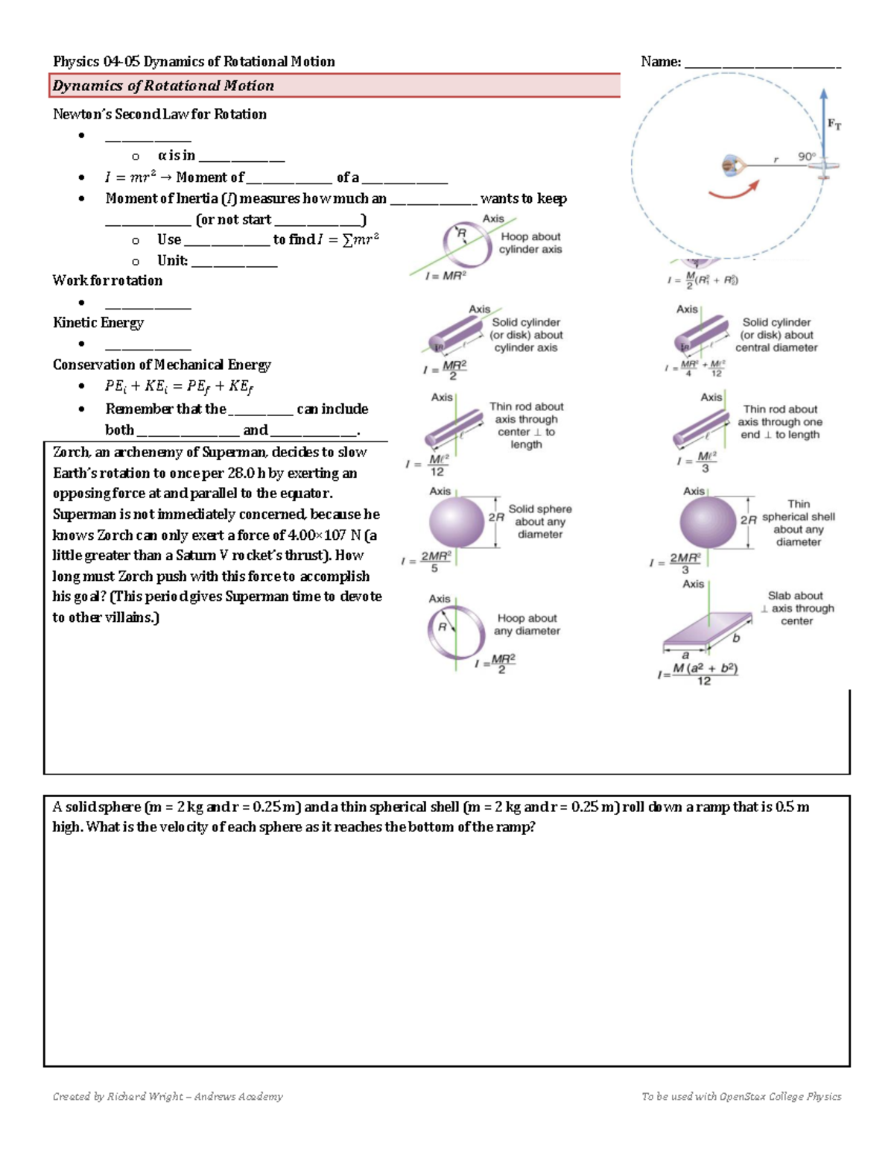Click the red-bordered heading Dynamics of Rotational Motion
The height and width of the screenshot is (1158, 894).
[x=163, y=86]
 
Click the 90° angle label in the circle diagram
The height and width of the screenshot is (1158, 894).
[x=806, y=157]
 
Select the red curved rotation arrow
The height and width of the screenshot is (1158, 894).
[x=734, y=192]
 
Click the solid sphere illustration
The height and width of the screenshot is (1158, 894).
[x=456, y=522]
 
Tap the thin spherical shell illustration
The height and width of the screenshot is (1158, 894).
[x=707, y=522]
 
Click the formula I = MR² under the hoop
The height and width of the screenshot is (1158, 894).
[x=446, y=276]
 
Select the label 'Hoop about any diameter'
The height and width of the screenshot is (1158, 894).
[x=527, y=624]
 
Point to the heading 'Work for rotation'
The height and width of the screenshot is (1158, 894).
[x=107, y=280]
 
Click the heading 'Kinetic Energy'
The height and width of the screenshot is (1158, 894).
[x=98, y=323]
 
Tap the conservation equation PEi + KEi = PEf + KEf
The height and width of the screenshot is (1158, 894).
[x=179, y=386]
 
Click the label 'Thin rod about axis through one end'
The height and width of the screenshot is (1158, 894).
[x=780, y=422]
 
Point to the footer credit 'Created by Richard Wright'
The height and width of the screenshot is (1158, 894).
[x=168, y=1096]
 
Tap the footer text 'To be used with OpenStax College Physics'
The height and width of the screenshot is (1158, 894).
[x=741, y=1096]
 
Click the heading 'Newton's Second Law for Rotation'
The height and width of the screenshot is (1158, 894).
[x=159, y=114]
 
